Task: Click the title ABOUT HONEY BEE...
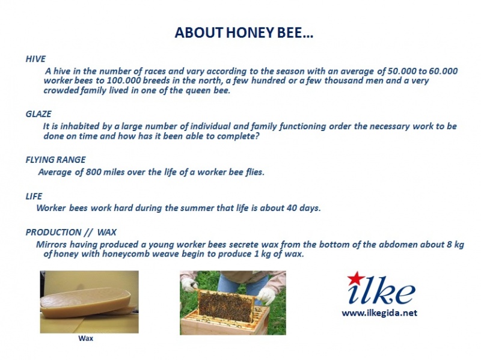point(244,32)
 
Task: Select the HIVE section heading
point(35,59)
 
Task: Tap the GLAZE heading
point(38,114)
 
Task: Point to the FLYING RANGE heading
point(55,160)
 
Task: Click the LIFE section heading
point(34,197)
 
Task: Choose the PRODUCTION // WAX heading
point(71,232)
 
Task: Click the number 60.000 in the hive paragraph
point(443,71)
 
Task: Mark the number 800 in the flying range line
point(93,172)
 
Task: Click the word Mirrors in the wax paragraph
point(51,245)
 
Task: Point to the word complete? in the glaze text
point(238,136)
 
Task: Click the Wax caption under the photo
point(85,338)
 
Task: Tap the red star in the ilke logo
point(356,278)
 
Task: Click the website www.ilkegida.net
point(379,313)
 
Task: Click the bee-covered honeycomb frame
point(226,305)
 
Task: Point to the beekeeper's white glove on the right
point(266,294)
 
